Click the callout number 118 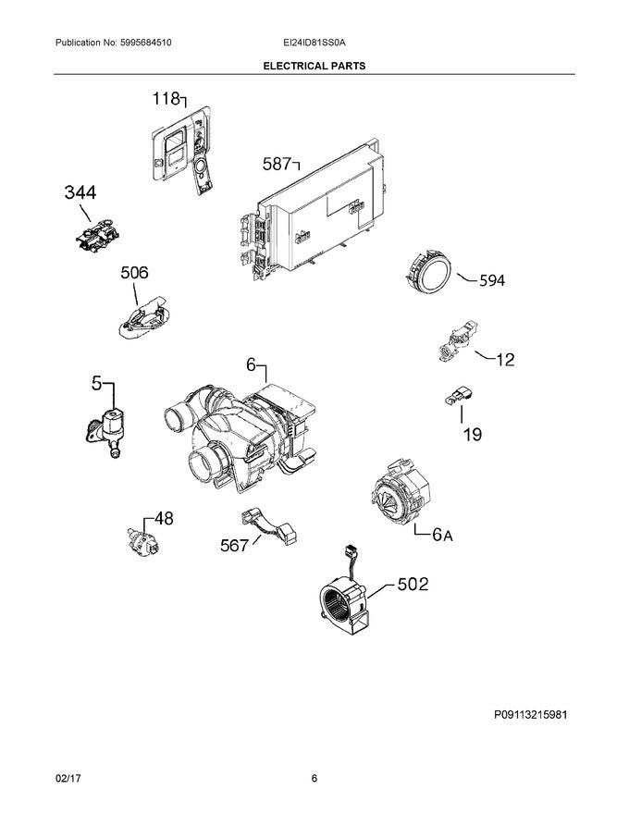[166, 99]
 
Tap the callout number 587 [277, 165]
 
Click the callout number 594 [492, 281]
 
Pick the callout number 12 [505, 360]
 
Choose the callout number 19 [472, 433]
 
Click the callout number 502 [413, 584]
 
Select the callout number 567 [234, 546]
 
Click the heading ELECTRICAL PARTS [314, 67]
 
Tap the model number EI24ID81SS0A [314, 43]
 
